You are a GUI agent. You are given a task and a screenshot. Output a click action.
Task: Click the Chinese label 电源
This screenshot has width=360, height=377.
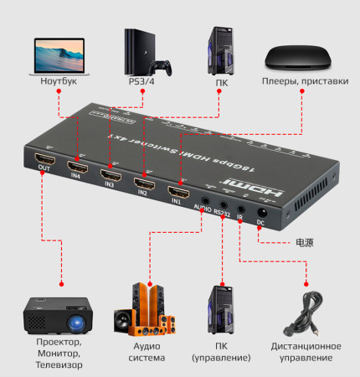pyautogui.click(x=302, y=243)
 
